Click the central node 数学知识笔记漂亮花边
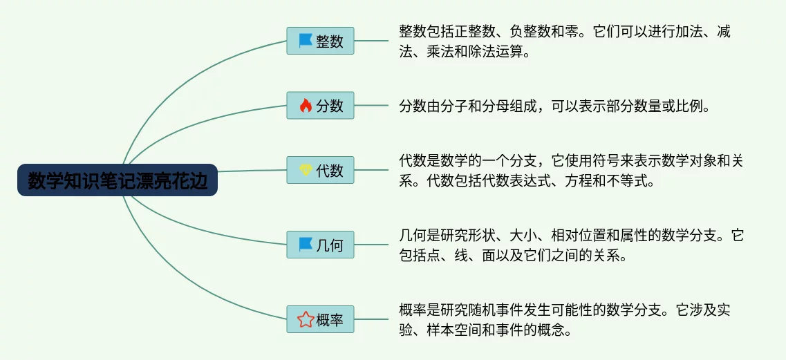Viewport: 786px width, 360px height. point(118,180)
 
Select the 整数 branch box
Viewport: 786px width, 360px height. point(320,41)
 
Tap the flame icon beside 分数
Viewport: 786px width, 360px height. point(306,105)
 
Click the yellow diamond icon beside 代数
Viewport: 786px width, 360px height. point(306,171)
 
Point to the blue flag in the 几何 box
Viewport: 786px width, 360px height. point(306,245)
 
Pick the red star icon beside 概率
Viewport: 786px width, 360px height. point(306,319)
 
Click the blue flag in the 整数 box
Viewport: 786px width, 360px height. point(306,41)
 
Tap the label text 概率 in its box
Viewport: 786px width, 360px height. point(330,319)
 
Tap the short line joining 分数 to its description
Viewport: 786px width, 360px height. point(371,105)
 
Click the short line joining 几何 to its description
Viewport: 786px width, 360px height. point(371,245)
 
